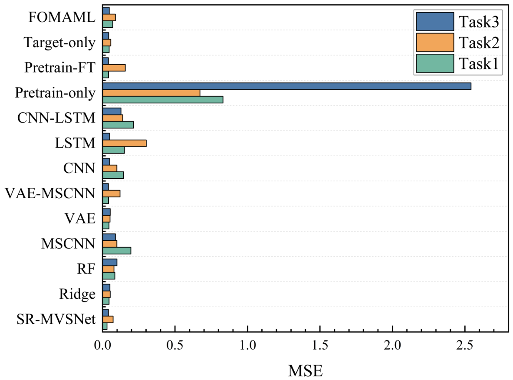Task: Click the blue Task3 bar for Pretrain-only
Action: coord(287,86)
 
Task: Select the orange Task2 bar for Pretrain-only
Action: coord(151,93)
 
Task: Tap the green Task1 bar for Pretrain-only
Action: coord(163,100)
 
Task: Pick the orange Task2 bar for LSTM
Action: coord(125,143)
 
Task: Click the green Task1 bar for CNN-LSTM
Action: coord(118,125)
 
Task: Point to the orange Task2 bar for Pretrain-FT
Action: coord(114,68)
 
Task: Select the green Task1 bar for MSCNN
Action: coord(117,250)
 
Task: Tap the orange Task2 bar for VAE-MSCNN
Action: coord(112,193)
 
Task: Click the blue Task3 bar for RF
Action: coord(110,262)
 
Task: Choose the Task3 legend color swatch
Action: coord(435,22)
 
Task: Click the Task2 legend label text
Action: coord(479,43)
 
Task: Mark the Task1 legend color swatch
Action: coord(435,63)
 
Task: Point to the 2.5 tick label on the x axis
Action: coord(465,345)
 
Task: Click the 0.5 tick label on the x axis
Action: coord(175,345)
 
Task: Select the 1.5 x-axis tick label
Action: coord(320,345)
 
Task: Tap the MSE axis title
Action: coord(305,371)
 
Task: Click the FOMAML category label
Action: coord(62,17)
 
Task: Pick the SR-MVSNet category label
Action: coord(56,320)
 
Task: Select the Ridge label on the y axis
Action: coord(77,294)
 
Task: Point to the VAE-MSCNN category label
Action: coord(50,193)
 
